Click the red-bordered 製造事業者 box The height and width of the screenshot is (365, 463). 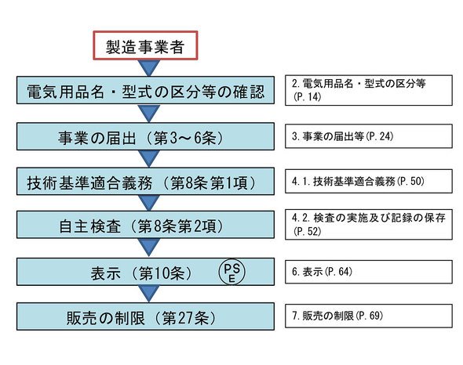(x=145, y=45)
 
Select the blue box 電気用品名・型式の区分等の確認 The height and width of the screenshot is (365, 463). (x=145, y=90)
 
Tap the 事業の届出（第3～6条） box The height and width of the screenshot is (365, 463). (x=145, y=136)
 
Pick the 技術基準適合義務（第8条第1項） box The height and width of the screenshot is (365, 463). (x=145, y=181)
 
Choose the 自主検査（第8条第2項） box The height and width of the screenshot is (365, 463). (x=145, y=224)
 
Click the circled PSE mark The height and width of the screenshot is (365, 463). (x=231, y=272)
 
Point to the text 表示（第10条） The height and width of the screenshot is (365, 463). (x=141, y=273)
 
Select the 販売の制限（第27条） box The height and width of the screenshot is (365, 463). (x=145, y=316)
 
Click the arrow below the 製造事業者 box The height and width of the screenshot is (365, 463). (x=149, y=68)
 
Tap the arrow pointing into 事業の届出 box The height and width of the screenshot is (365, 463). (x=149, y=114)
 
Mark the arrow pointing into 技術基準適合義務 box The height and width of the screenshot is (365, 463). (x=149, y=159)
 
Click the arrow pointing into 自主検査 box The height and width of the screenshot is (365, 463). (x=149, y=203)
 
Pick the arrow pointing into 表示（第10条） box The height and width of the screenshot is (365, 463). (x=149, y=247)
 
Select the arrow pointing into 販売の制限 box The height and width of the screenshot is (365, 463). (x=149, y=294)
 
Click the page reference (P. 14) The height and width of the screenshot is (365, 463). (x=307, y=96)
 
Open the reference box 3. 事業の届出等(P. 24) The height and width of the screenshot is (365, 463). (x=369, y=136)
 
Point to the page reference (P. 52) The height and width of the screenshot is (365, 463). (x=307, y=231)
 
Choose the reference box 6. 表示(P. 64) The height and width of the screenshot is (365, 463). (x=369, y=272)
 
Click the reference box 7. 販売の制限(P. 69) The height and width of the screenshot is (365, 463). (x=369, y=316)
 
